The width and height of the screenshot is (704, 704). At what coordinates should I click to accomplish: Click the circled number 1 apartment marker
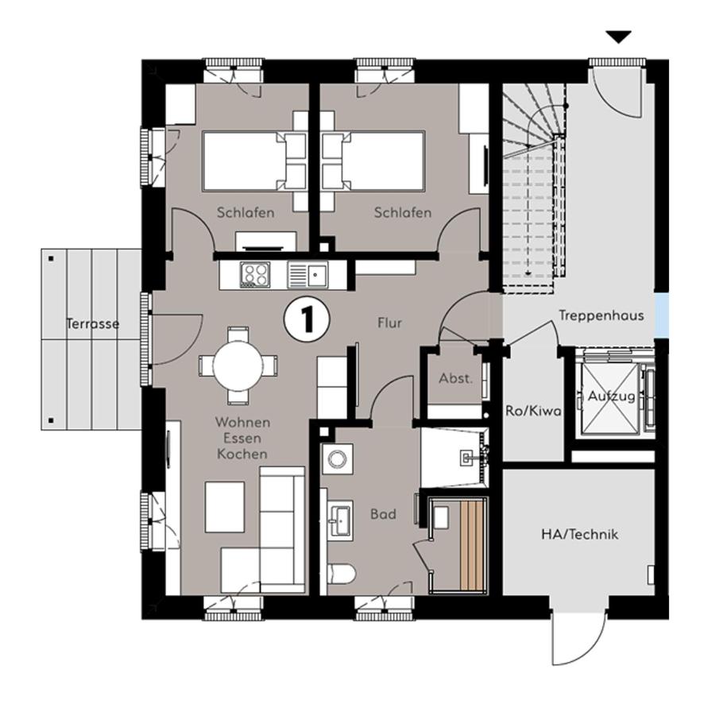click(x=307, y=320)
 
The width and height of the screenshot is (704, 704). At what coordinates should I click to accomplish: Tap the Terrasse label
click(x=93, y=323)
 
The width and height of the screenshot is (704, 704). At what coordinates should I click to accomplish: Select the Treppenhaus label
click(x=601, y=315)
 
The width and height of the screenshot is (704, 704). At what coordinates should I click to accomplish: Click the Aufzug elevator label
click(x=612, y=396)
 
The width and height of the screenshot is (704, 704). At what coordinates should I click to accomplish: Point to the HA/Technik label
click(x=579, y=534)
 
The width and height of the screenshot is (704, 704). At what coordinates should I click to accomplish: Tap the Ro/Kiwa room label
click(x=533, y=411)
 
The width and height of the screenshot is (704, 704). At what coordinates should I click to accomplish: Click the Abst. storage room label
click(x=456, y=378)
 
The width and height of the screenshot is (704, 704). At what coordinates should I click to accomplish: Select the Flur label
click(x=389, y=323)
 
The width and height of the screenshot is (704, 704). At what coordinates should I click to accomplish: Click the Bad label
click(x=384, y=514)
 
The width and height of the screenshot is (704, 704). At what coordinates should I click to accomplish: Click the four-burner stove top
click(x=255, y=274)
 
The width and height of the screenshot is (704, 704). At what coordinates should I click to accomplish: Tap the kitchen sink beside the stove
click(x=308, y=275)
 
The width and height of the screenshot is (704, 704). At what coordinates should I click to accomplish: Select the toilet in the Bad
click(x=342, y=574)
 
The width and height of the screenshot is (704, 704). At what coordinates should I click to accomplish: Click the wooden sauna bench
click(x=472, y=545)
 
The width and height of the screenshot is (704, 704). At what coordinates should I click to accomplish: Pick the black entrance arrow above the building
click(x=619, y=37)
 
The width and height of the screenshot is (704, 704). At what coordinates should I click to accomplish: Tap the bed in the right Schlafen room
click(x=373, y=161)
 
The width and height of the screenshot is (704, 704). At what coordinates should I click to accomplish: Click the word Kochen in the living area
click(x=242, y=454)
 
